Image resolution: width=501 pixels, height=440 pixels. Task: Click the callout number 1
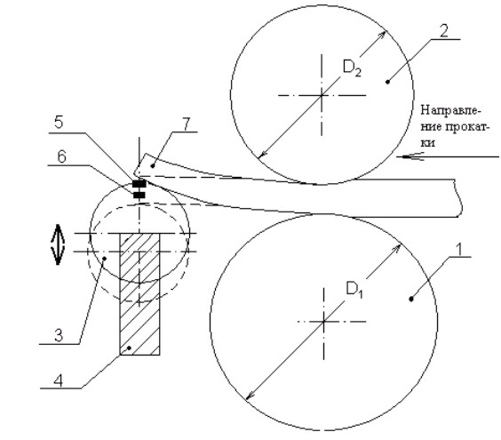[x=459, y=250]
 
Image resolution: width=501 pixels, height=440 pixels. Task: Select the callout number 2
[x=443, y=31]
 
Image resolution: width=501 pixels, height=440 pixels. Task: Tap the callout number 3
[x=59, y=336]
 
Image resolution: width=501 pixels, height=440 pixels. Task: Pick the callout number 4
[x=58, y=380]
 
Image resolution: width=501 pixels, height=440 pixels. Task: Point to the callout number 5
[x=59, y=123]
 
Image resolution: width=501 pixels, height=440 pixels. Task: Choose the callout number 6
[x=61, y=157]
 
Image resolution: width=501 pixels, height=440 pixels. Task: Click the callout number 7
[x=187, y=124]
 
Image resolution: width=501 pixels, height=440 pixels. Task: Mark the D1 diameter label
[x=354, y=290]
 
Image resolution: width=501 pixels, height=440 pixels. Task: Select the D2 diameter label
[x=353, y=68]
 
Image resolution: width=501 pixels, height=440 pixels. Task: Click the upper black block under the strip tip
[x=139, y=184]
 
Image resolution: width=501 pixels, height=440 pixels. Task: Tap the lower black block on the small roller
[x=139, y=195]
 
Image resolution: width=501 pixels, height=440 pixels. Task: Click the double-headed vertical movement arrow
[x=58, y=244]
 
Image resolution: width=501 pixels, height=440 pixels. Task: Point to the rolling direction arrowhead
[x=412, y=156]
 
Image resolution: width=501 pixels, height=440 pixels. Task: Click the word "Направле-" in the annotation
[x=451, y=110]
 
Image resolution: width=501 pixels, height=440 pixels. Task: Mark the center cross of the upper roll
[x=322, y=95]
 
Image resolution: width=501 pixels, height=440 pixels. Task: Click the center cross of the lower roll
[x=323, y=321]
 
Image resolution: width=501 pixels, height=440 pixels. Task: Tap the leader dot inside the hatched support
[x=129, y=348]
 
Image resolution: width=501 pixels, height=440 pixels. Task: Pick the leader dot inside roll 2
[x=388, y=82]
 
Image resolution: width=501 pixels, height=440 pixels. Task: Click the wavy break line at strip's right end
[x=458, y=198]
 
